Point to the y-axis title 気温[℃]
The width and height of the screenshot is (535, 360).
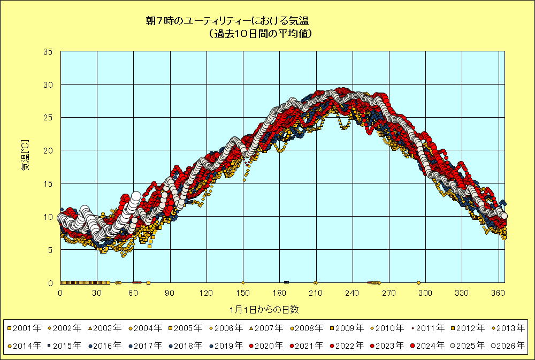point(25,155)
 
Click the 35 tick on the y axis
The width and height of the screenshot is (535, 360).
point(48,52)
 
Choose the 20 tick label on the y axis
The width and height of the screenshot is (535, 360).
point(48,151)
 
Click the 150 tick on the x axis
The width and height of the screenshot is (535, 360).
point(243,293)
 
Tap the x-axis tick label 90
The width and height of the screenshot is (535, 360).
point(170,293)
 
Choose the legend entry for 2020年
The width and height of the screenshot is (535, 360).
point(267,346)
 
